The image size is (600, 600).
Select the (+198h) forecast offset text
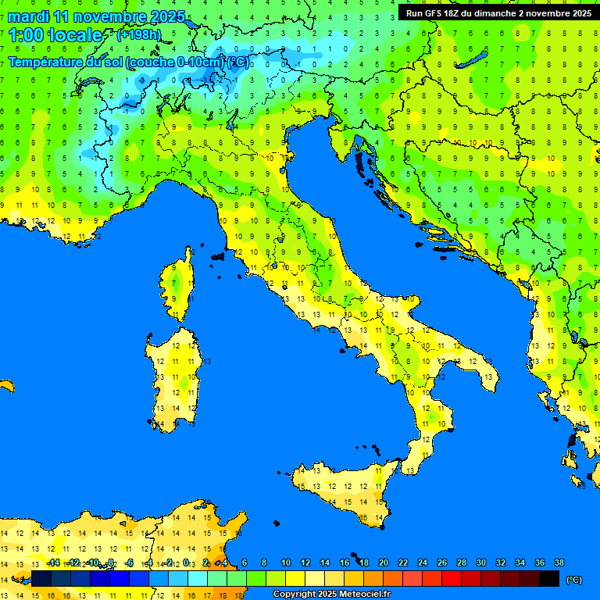[x=138, y=35]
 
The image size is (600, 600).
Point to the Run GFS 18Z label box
[x=498, y=13]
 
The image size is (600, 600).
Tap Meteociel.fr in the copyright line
[x=362, y=595]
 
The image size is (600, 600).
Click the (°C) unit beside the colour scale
[x=573, y=580]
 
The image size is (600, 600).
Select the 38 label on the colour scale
[x=559, y=562]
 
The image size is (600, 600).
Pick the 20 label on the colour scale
[x=383, y=562]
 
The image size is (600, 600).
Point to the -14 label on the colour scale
[x=53, y=562]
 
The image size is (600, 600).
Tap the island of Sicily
[x=344, y=492]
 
